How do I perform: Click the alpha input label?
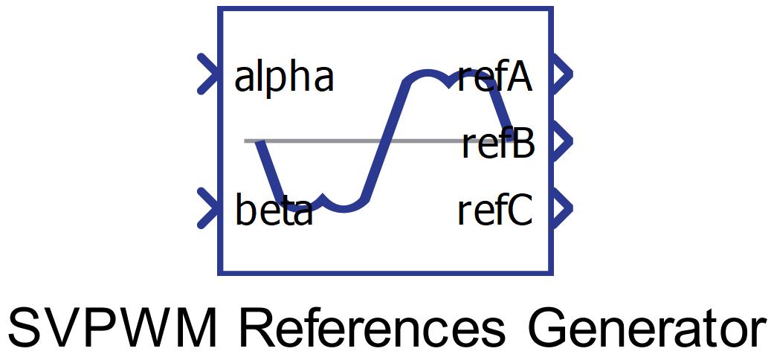284,77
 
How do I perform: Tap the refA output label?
495,77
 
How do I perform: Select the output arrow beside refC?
562,208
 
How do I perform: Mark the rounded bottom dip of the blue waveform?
344,206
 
